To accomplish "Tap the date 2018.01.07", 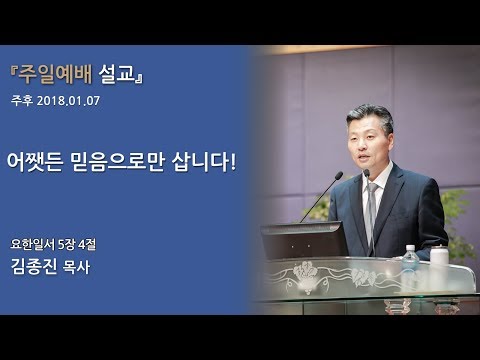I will (x=69, y=101).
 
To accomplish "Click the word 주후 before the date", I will (x=22, y=101).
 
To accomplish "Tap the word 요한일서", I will (x=33, y=243).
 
